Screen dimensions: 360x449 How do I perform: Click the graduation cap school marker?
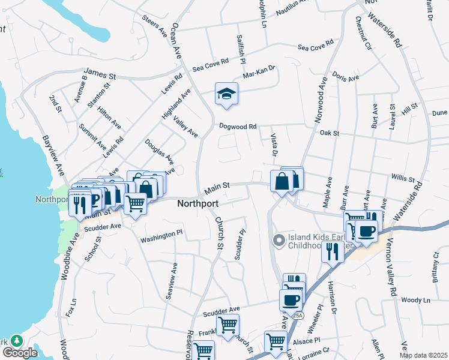(x=226, y=94)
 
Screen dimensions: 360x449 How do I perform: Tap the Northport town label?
(x=197, y=204)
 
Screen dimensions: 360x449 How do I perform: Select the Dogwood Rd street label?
(x=238, y=127)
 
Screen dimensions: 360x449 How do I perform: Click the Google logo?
(x=19, y=353)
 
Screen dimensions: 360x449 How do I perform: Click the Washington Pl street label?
(x=161, y=237)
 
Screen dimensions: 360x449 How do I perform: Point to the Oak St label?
(x=330, y=133)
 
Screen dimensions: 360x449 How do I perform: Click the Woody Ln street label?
(x=416, y=300)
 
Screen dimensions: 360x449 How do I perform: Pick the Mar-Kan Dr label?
(x=259, y=72)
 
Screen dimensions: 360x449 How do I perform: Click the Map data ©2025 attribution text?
(x=423, y=355)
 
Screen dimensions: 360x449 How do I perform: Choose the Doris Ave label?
(x=346, y=78)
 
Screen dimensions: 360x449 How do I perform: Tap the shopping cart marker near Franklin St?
(x=228, y=325)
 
